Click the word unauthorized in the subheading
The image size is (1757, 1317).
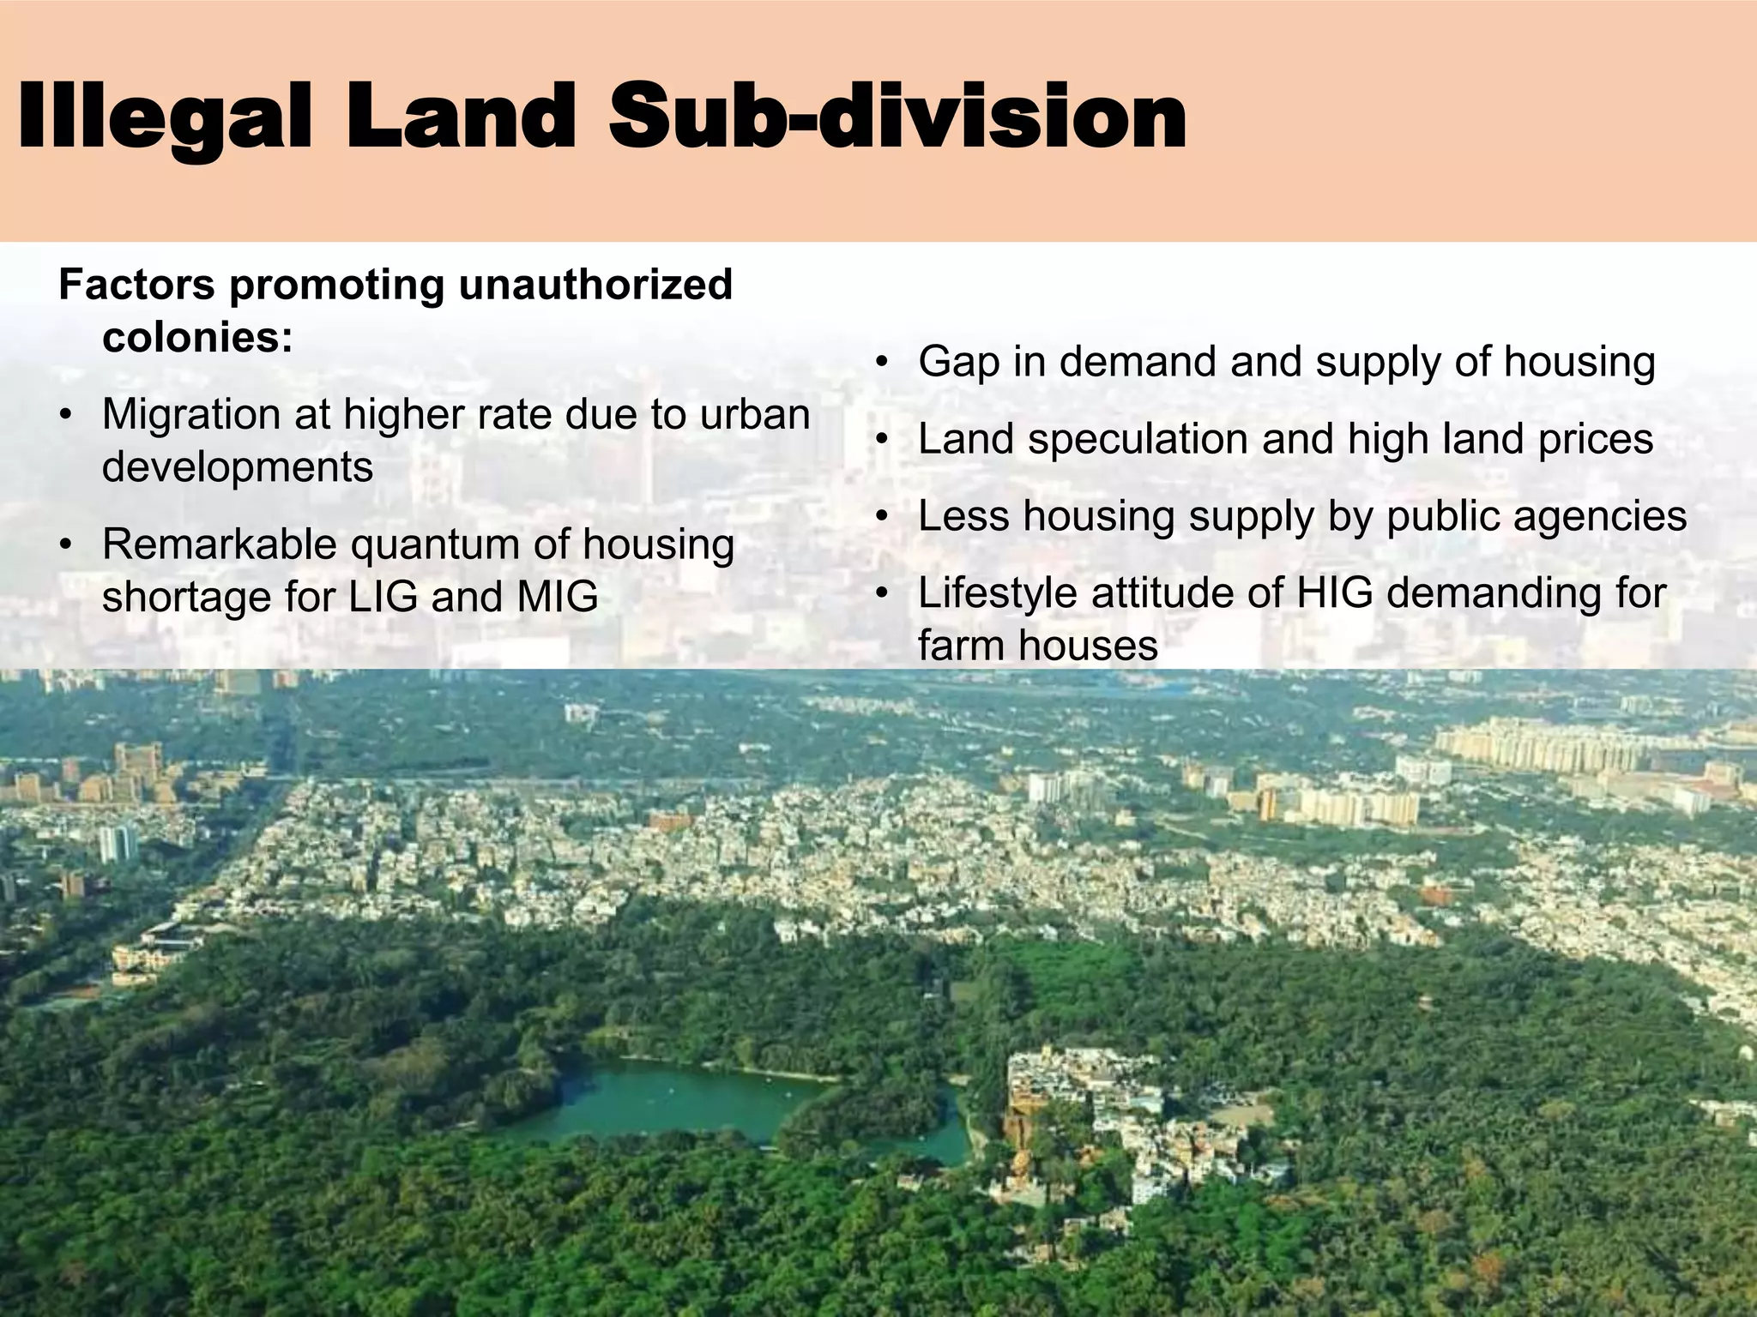[x=595, y=285]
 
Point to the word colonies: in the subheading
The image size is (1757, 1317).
[x=197, y=338]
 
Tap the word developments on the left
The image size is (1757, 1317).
[x=238, y=467]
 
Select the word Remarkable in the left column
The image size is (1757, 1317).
[x=220, y=544]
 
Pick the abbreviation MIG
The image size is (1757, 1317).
[x=557, y=597]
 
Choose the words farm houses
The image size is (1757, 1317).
[x=1037, y=646]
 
